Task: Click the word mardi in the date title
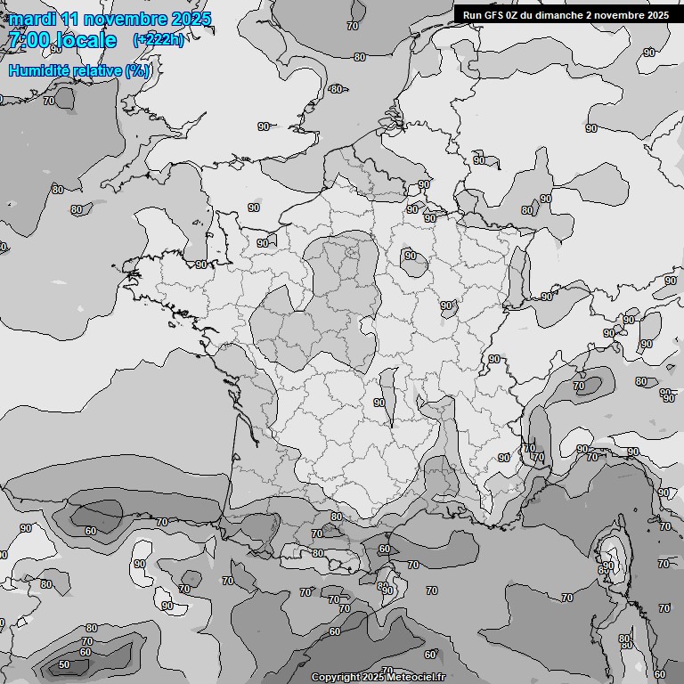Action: click(x=30, y=20)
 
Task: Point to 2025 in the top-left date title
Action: click(x=190, y=20)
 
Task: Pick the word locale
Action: click(x=84, y=41)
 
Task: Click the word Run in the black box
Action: click(x=473, y=15)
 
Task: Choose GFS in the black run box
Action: click(x=495, y=15)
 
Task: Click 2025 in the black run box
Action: click(x=656, y=15)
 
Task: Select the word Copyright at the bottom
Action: click(x=336, y=678)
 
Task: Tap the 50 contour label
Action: click(x=64, y=664)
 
